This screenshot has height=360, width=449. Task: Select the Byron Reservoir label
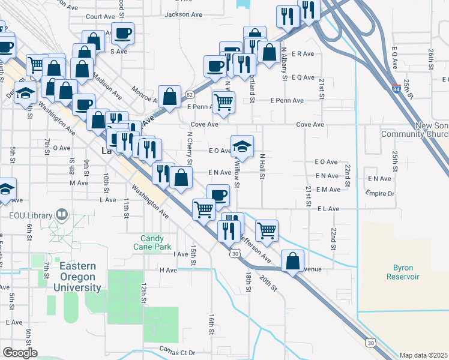[402, 272]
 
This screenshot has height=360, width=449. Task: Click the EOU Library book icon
[61, 214]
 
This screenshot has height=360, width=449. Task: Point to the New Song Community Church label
[415, 130]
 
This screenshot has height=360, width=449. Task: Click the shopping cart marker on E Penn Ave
[223, 102]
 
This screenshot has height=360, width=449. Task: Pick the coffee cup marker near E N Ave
[218, 194]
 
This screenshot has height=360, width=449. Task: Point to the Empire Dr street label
[380, 193]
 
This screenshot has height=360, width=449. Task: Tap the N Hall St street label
[262, 166]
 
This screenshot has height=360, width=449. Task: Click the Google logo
[20, 353]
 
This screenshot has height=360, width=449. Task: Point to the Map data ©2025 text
[424, 355]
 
